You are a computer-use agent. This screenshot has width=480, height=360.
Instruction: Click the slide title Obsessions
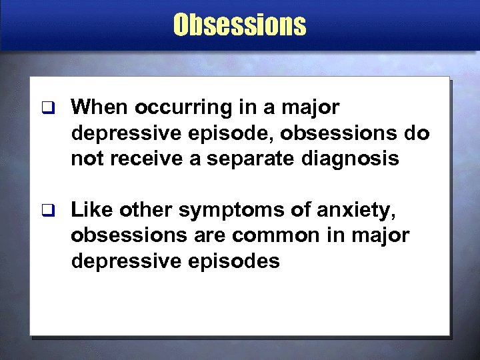tap(239, 25)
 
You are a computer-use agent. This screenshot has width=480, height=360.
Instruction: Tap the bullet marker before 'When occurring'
tap(45, 107)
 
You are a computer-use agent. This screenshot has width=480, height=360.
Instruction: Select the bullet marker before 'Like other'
tap(45, 211)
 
